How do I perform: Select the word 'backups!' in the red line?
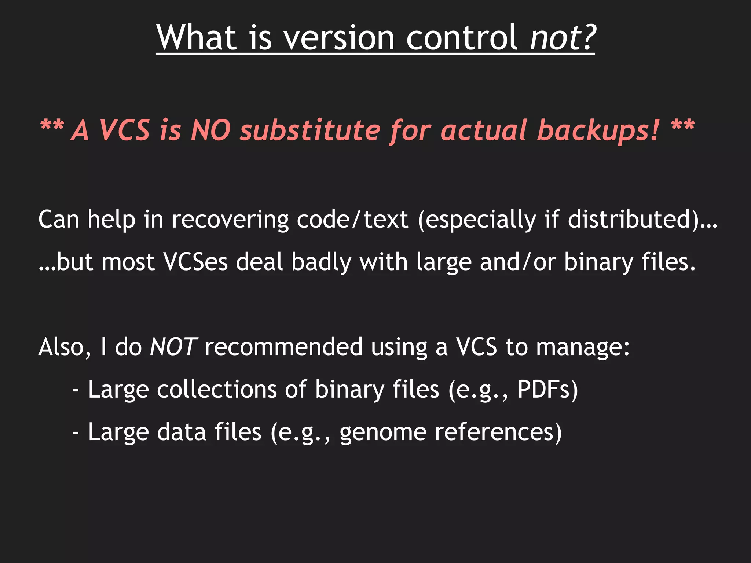(x=598, y=130)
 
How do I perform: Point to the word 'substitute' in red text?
(x=310, y=130)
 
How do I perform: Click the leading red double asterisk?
(x=52, y=126)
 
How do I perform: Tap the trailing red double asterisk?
(x=683, y=126)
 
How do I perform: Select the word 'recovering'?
(x=230, y=220)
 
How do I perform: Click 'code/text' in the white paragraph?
(x=352, y=220)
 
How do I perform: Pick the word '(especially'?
(x=477, y=220)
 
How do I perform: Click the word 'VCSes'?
(x=195, y=262)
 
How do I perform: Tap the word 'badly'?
(x=321, y=262)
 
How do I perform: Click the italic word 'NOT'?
(x=173, y=347)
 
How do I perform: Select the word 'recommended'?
(x=283, y=347)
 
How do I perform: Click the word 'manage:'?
(x=583, y=347)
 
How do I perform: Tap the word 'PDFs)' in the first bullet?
(x=547, y=389)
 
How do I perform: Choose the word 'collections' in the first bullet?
(x=217, y=389)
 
